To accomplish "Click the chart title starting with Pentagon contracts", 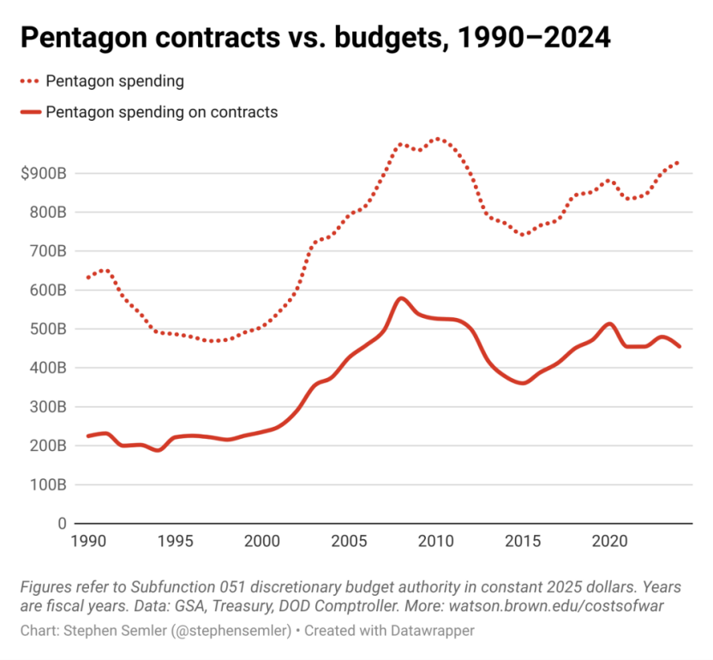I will tap(315, 39).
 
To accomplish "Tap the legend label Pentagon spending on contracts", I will tap(162, 111).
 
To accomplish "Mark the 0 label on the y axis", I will tap(62, 523).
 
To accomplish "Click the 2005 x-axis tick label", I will tap(348, 542).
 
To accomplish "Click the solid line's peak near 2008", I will tap(401, 298).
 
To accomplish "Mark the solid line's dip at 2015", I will tap(523, 383).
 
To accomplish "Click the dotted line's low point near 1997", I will tap(210, 341).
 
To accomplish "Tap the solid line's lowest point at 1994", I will tap(158, 450).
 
